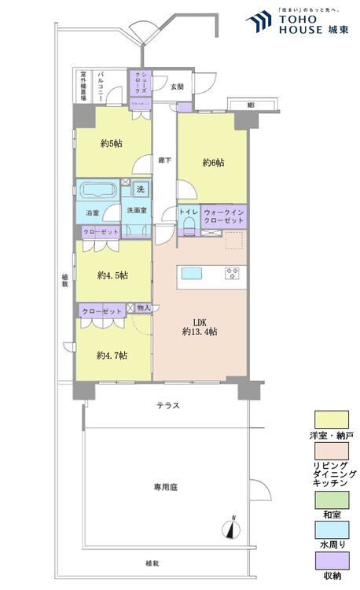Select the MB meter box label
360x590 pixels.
(x=251, y=105)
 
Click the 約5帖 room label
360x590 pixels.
(x=110, y=143)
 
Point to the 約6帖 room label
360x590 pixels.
(x=213, y=163)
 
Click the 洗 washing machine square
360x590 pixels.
(x=140, y=189)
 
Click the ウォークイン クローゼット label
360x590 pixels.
(x=224, y=217)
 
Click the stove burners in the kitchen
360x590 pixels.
(x=233, y=273)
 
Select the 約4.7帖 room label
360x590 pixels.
(x=112, y=356)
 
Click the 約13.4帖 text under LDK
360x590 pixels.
(x=200, y=332)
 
